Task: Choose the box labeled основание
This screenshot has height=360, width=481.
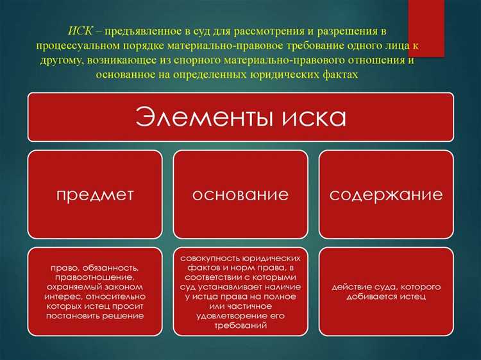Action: [x=240, y=194]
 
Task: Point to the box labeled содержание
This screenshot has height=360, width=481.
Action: [x=386, y=194]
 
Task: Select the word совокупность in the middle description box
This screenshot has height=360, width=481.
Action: [x=212, y=257]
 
